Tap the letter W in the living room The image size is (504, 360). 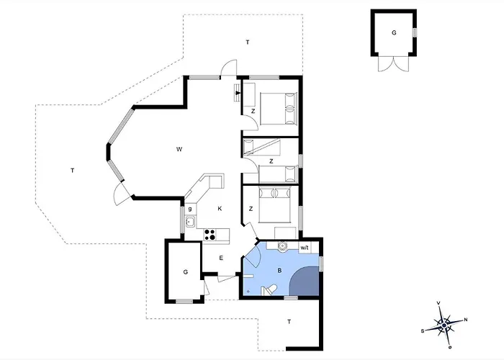[x=178, y=150]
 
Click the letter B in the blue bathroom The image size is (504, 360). [x=279, y=271]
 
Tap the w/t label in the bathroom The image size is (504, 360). [x=305, y=248]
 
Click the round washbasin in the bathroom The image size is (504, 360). [x=283, y=247]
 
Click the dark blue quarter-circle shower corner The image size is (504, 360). [x=306, y=281]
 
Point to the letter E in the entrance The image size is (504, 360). [x=221, y=258]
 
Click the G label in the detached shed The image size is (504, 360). [x=394, y=33]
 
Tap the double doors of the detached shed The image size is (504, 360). [x=392, y=64]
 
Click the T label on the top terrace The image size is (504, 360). [x=247, y=43]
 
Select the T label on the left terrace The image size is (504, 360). [x=73, y=170]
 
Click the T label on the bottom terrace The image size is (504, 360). [x=289, y=321]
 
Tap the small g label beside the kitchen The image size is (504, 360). [x=189, y=208]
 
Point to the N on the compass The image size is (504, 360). [x=465, y=320]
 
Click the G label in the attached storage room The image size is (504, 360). [x=185, y=271]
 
